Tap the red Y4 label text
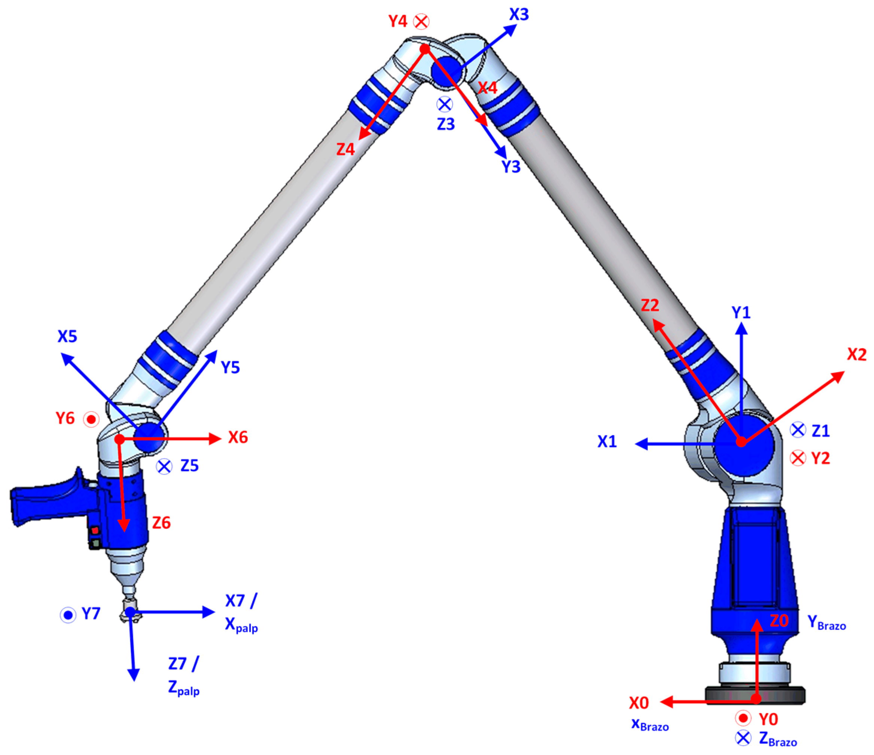398,21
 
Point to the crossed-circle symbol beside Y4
421,21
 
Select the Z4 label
345,149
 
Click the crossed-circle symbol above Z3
445,104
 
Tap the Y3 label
511,167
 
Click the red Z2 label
649,305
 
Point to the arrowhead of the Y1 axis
741,329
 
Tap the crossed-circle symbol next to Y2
798,458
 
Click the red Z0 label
779,621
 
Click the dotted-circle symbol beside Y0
743,718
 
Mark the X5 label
67,336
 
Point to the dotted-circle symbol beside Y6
91,419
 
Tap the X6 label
238,437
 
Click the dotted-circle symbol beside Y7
68,615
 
